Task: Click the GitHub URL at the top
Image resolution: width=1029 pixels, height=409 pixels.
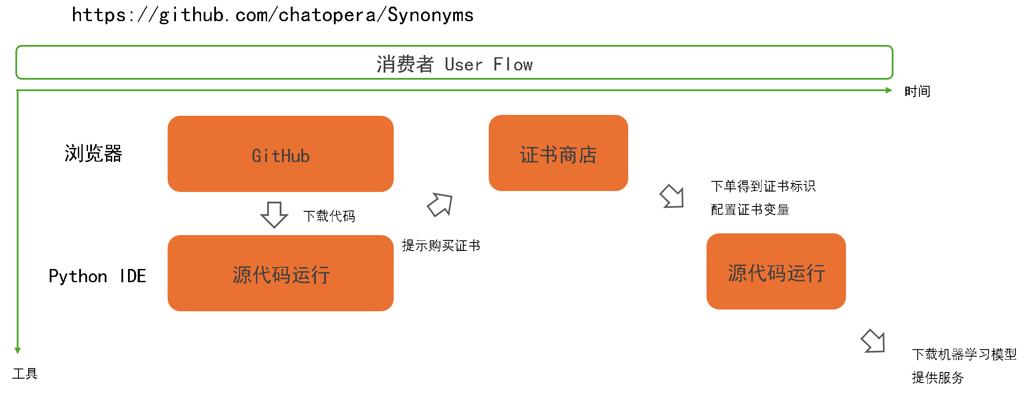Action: pos(273,15)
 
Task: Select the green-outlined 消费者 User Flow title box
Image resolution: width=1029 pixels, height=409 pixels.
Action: pos(454,63)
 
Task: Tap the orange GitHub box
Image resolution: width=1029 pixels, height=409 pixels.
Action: pos(281,154)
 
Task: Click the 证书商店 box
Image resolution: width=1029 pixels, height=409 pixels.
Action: pos(558,153)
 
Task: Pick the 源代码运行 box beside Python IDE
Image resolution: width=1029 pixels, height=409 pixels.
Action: pos(281,273)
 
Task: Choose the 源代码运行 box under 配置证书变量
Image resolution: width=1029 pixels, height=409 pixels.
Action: pos(776,272)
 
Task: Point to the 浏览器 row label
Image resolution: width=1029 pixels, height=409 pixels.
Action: pos(93,154)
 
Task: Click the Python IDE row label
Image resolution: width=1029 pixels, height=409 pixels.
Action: pos(97,276)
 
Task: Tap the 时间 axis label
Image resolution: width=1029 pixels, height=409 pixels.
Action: pos(917,91)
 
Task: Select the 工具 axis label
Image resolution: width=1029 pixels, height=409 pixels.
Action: pos(25,374)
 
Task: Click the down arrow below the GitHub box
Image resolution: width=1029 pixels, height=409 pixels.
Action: pos(274,214)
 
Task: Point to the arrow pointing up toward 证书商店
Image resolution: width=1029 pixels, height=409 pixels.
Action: pos(440,205)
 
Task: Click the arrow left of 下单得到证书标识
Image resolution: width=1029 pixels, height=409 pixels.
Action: pos(672,196)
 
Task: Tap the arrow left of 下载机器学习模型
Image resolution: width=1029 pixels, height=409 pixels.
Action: pos(873,341)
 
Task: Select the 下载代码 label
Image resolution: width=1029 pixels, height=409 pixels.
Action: pos(329,216)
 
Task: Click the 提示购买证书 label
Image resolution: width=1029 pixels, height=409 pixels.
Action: pos(441,246)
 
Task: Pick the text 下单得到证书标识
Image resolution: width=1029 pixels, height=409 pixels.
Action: pos(763,186)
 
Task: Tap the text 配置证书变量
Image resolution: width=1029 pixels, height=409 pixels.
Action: pos(750,210)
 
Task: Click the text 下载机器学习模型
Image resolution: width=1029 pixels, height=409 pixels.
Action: pos(964,354)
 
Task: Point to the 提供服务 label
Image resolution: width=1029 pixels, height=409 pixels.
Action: pos(937,378)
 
